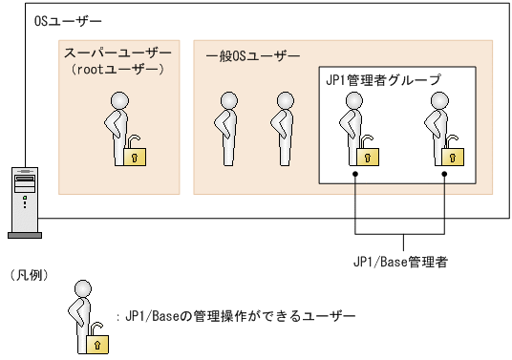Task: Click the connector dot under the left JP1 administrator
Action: [x=354, y=175]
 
